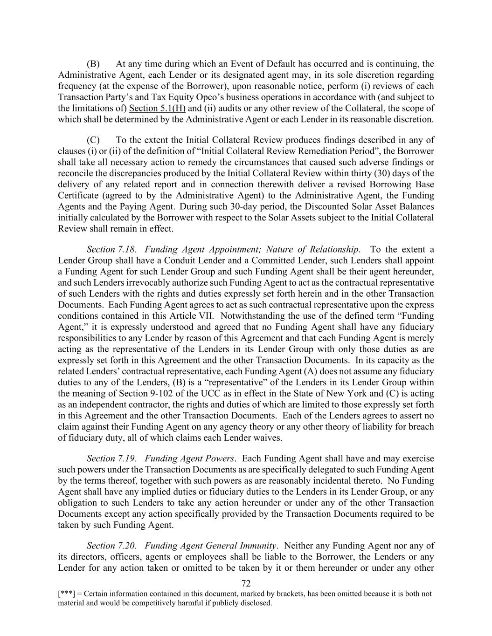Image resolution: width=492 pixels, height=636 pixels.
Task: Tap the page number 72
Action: (x=246, y=583)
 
